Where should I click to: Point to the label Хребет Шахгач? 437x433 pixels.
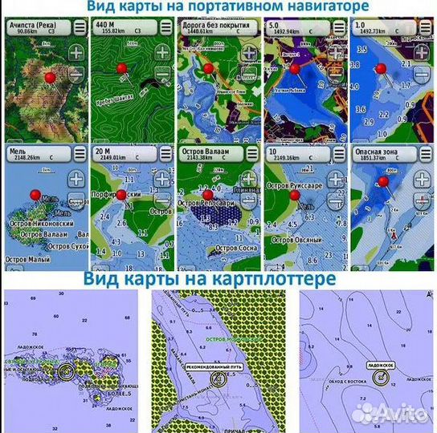coord(113,98)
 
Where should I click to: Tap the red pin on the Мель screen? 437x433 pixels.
coord(34,195)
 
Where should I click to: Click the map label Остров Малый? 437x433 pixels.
coord(29,259)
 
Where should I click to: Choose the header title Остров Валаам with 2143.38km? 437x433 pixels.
coord(206,151)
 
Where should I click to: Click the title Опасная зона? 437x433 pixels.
coord(374,151)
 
